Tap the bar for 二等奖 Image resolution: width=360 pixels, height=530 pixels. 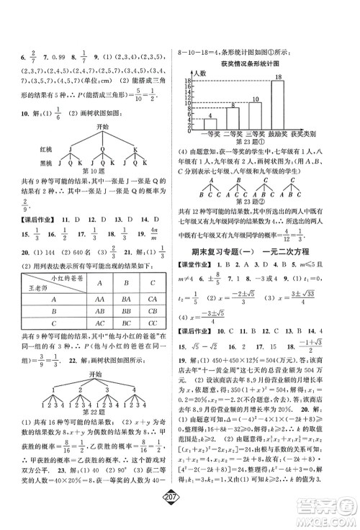point(232,117)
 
